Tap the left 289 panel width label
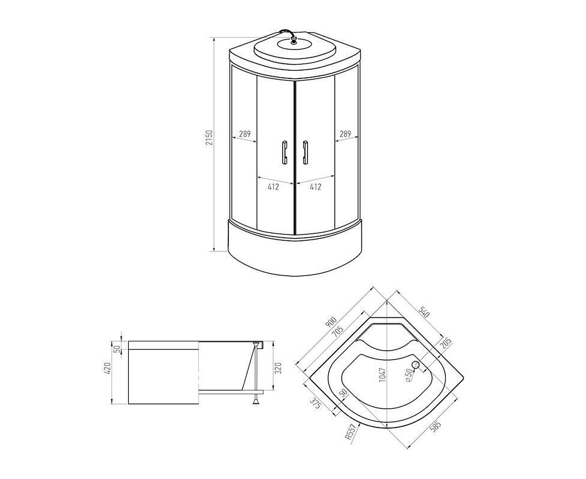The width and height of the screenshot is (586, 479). pos(245,134)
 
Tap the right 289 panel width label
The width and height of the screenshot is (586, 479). pos(345,134)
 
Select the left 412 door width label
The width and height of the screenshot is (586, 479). pos(273,187)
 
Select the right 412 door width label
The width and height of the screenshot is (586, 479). pos(315,187)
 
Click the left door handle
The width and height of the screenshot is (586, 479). pos(284,152)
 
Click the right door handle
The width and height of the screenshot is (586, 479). pos(306,152)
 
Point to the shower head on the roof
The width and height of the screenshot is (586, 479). pos(292,38)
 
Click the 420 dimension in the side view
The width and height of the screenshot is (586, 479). pos(108,369)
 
